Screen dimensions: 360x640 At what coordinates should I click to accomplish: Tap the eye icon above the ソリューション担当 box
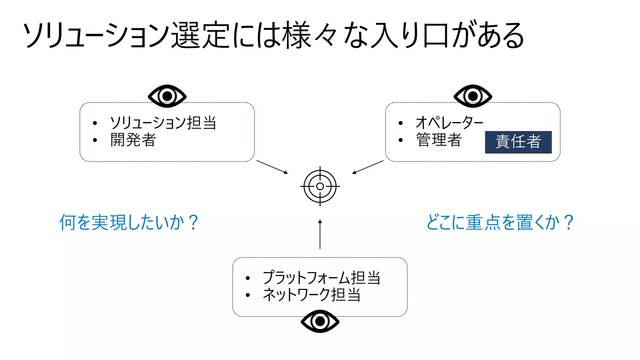coord(167,96)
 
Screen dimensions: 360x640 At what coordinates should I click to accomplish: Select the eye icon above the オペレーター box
coord(473,96)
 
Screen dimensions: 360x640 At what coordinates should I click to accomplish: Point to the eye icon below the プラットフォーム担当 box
coord(320,321)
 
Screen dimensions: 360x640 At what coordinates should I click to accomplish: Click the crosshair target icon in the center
coord(320,186)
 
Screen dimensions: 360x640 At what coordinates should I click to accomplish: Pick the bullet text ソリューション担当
coord(163,123)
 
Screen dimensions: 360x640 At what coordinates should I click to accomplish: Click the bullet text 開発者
coord(133,140)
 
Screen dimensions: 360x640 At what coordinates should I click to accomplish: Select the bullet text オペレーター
coord(449,122)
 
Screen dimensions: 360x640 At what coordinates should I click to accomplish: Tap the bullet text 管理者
coord(439,140)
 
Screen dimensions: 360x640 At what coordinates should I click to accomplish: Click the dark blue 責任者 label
coord(518,142)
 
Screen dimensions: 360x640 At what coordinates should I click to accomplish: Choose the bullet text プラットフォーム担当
coord(322,277)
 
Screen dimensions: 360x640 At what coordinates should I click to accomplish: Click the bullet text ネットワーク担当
coord(312,295)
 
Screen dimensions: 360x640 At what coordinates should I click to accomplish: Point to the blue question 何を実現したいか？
coord(129,222)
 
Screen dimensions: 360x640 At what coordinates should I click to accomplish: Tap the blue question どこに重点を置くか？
coord(500,222)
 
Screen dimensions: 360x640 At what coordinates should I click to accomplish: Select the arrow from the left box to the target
coord(272,167)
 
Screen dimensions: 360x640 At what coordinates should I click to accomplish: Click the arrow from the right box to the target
coord(368,167)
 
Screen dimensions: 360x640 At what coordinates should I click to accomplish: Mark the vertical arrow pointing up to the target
coord(320,234)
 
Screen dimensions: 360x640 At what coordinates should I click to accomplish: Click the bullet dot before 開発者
coord(95,140)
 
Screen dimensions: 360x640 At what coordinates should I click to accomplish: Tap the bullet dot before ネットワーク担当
coord(248,295)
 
